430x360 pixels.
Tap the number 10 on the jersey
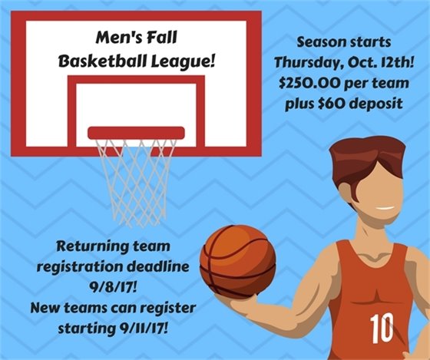pos(382,328)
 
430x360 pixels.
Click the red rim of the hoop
pos(136,133)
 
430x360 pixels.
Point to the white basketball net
pos(136,173)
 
